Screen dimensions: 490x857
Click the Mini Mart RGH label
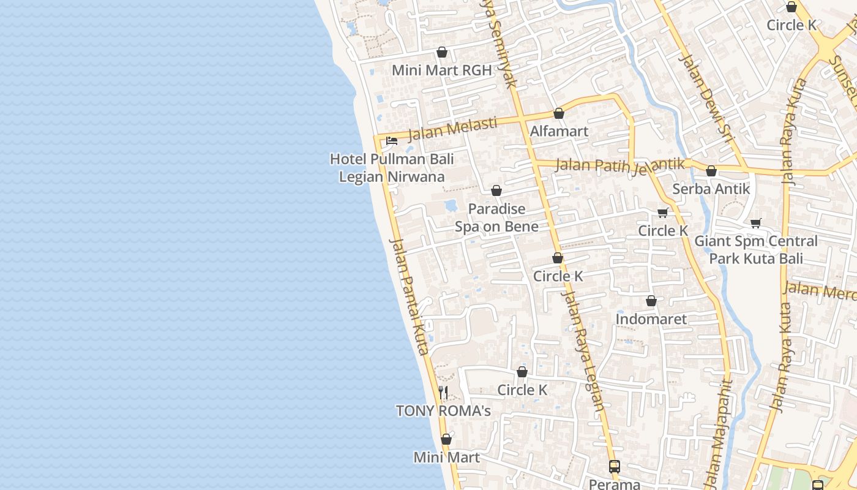(x=441, y=70)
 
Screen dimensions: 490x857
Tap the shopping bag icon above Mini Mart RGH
(x=441, y=53)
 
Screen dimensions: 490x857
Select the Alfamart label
(x=559, y=131)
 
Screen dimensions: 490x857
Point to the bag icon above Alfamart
(x=558, y=113)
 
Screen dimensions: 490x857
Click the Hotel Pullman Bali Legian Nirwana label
(x=392, y=168)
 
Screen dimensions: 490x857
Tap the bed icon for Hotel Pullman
(x=392, y=141)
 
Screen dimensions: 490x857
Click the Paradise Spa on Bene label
(x=496, y=217)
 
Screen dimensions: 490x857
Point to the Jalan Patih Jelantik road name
(x=619, y=165)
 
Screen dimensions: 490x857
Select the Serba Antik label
(x=711, y=189)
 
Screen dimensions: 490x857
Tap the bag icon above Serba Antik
(x=711, y=171)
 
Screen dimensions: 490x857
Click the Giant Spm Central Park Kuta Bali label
(x=755, y=249)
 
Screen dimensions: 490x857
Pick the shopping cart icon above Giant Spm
(x=755, y=223)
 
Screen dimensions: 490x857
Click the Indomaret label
(x=651, y=319)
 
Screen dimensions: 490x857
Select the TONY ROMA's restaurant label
(x=443, y=410)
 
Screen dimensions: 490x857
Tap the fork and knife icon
(x=443, y=393)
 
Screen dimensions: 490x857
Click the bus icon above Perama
(x=614, y=467)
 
